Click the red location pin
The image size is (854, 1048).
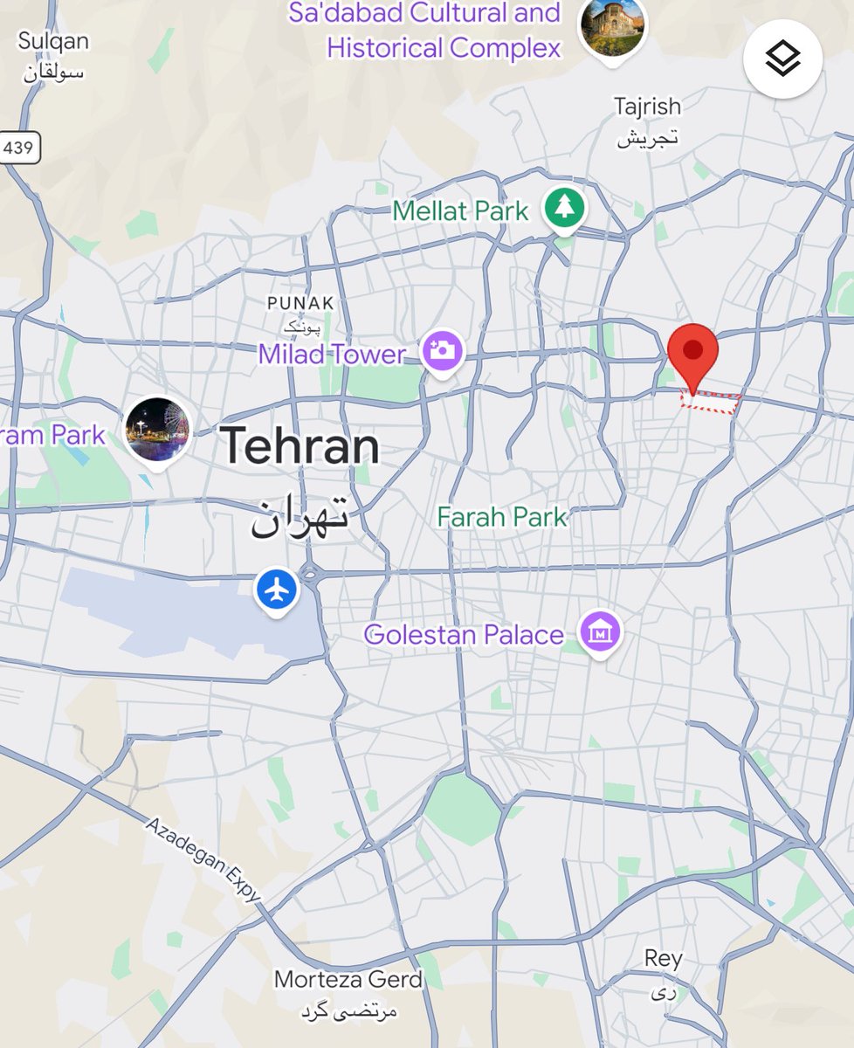pos(693,353)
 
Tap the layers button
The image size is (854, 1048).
pos(782,59)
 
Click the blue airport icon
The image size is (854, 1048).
pos(277,591)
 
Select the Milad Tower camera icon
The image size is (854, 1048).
pos(443,350)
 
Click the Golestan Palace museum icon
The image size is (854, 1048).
pos(600,631)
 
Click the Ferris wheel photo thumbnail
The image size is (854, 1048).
pos(157,430)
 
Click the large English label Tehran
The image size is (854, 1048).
pos(300,446)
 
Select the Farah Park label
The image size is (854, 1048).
pos(502,517)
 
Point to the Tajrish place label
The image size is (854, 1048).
pos(647,107)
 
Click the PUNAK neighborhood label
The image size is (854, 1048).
pos(300,303)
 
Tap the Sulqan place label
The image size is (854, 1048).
pos(52,41)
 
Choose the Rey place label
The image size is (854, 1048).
pos(664,958)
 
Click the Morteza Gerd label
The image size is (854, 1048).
pos(348,979)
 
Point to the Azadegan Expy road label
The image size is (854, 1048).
pos(203,860)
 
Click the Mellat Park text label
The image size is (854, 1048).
pos(460,210)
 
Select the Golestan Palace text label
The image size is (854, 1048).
pos(464,634)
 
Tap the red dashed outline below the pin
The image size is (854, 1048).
pos(711,403)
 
